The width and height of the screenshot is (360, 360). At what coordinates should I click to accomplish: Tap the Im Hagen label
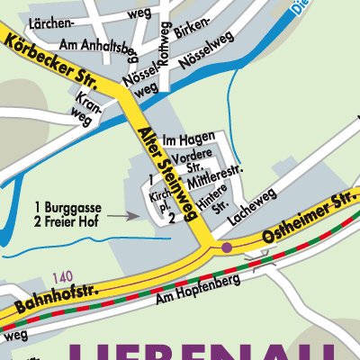tap(189, 138)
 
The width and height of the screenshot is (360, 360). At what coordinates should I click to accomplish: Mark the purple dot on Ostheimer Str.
tap(227, 247)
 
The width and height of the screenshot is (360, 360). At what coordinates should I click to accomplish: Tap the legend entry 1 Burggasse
tap(67, 205)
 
